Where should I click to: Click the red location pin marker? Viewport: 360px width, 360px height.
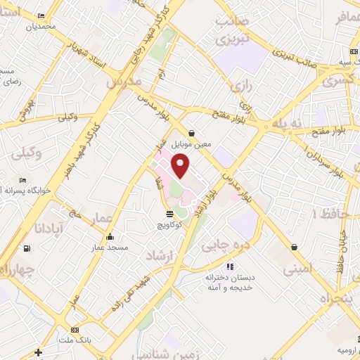pyautogui.click(x=182, y=167)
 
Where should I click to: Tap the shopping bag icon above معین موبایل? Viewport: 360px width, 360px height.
pyautogui.click(x=191, y=133)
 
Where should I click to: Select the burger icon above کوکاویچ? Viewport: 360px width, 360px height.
pyautogui.click(x=169, y=214)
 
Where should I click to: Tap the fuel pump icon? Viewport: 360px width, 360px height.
pyautogui.click(x=27, y=248)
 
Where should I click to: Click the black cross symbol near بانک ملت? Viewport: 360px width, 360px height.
pyautogui.click(x=38, y=352)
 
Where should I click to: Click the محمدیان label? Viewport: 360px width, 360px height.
pyautogui.click(x=41, y=27)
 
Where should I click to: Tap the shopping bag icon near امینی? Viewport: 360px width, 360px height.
pyautogui.click(x=292, y=247)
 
